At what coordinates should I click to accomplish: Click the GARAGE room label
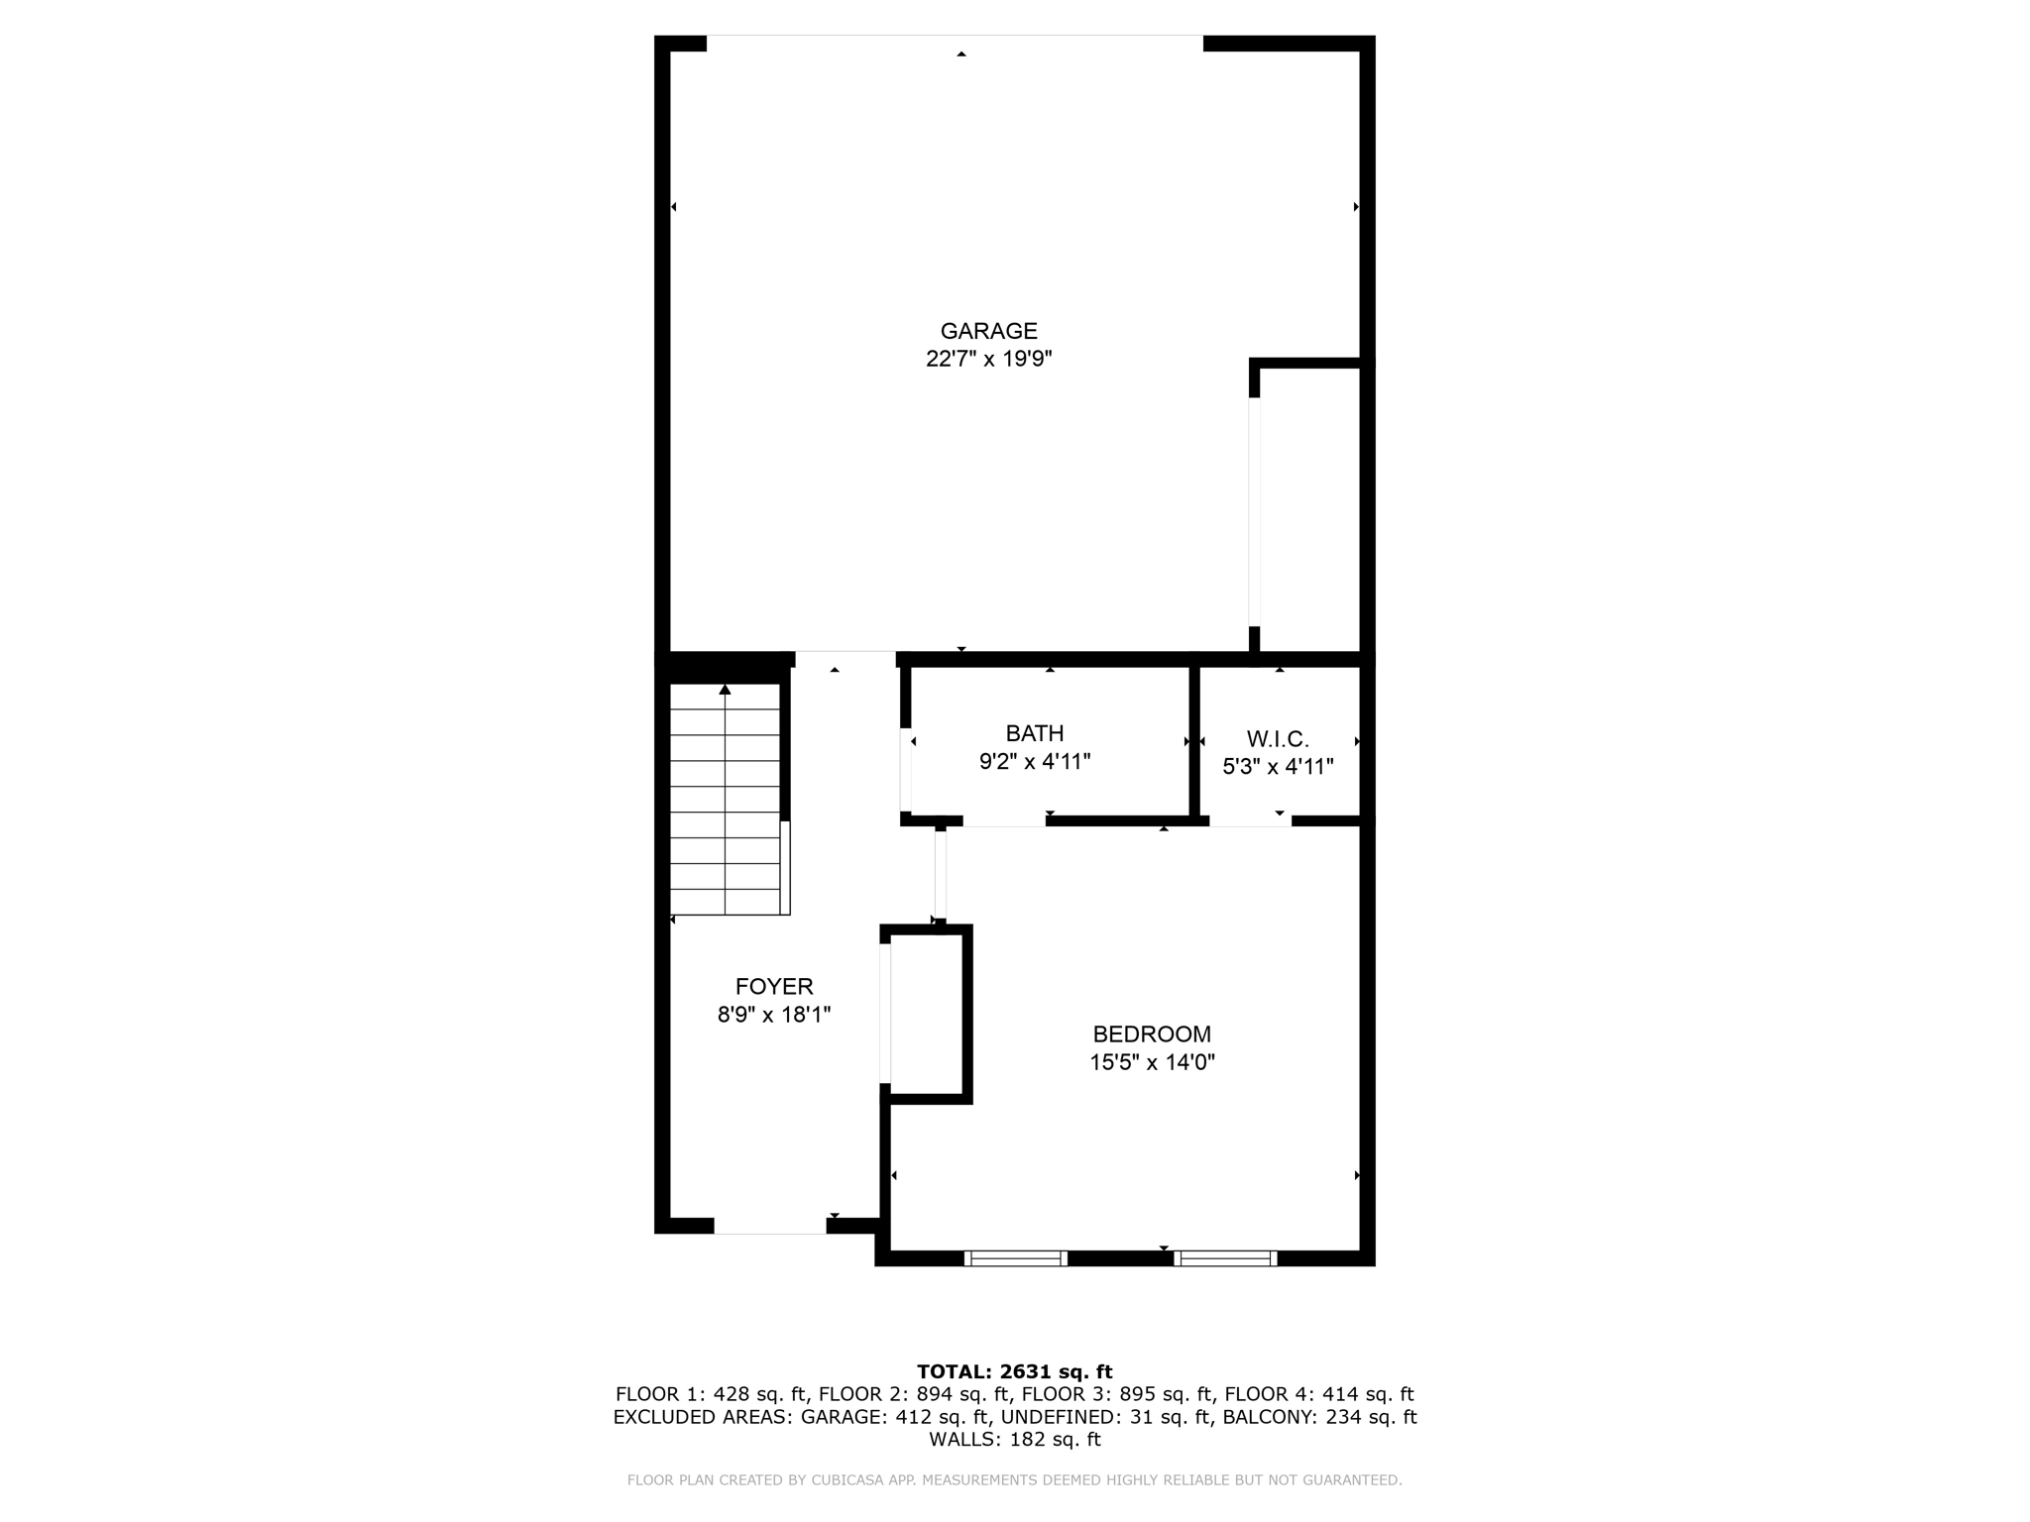coord(988,331)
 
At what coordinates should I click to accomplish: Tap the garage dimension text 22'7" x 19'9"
coord(988,359)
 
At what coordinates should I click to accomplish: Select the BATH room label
coord(1035,733)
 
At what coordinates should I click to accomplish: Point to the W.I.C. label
coord(1278,739)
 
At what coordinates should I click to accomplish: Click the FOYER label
coord(774,987)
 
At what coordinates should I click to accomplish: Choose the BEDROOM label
coord(1152,1034)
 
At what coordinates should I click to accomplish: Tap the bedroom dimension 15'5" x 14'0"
coord(1152,1063)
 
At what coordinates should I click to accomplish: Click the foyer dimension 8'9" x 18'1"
coord(774,1015)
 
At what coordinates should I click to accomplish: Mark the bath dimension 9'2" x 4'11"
coord(1035,762)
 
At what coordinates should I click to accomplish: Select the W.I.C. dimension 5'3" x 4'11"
coord(1278,767)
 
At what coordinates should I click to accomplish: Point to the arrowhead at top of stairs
coord(726,689)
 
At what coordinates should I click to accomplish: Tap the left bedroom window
coord(1016,1258)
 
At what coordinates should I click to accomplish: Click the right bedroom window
coord(1225,1258)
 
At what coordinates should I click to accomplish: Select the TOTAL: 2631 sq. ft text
coord(1015,1371)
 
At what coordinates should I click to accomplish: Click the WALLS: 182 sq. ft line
coord(1015,1440)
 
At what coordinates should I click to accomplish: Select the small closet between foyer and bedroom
coord(927,1015)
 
